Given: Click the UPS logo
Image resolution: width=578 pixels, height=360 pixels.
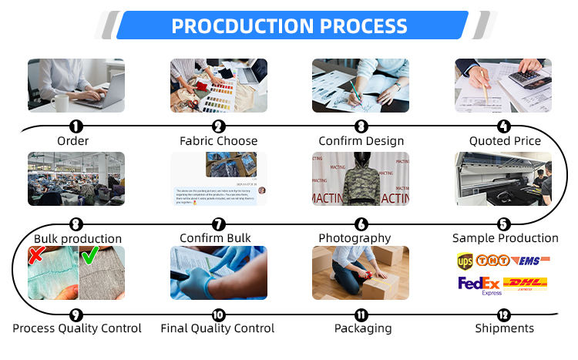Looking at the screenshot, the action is (465, 261).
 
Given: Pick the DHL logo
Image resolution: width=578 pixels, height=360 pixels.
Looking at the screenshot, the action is (525, 284).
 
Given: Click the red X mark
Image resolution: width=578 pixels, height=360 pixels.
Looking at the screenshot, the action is (35, 255).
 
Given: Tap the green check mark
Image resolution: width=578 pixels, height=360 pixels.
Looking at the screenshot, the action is (89, 255).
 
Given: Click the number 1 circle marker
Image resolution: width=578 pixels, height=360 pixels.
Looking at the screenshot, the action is (76, 126).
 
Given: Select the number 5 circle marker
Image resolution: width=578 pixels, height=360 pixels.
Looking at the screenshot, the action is (503, 224).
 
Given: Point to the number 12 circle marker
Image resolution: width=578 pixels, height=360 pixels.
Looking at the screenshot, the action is (503, 315).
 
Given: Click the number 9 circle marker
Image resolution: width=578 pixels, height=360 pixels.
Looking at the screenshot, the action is (76, 315).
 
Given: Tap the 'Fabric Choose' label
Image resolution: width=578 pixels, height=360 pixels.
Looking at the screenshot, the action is (218, 141).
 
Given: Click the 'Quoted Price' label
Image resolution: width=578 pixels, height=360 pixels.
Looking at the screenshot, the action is (505, 141).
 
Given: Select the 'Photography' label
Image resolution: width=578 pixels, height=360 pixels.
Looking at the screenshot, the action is (355, 238).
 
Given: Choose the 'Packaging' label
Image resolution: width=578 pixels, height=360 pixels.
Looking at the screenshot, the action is (362, 328).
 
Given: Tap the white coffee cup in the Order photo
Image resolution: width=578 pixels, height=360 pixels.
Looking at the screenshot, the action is (60, 101).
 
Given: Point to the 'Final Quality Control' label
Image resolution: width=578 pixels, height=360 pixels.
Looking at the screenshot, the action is (217, 328).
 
